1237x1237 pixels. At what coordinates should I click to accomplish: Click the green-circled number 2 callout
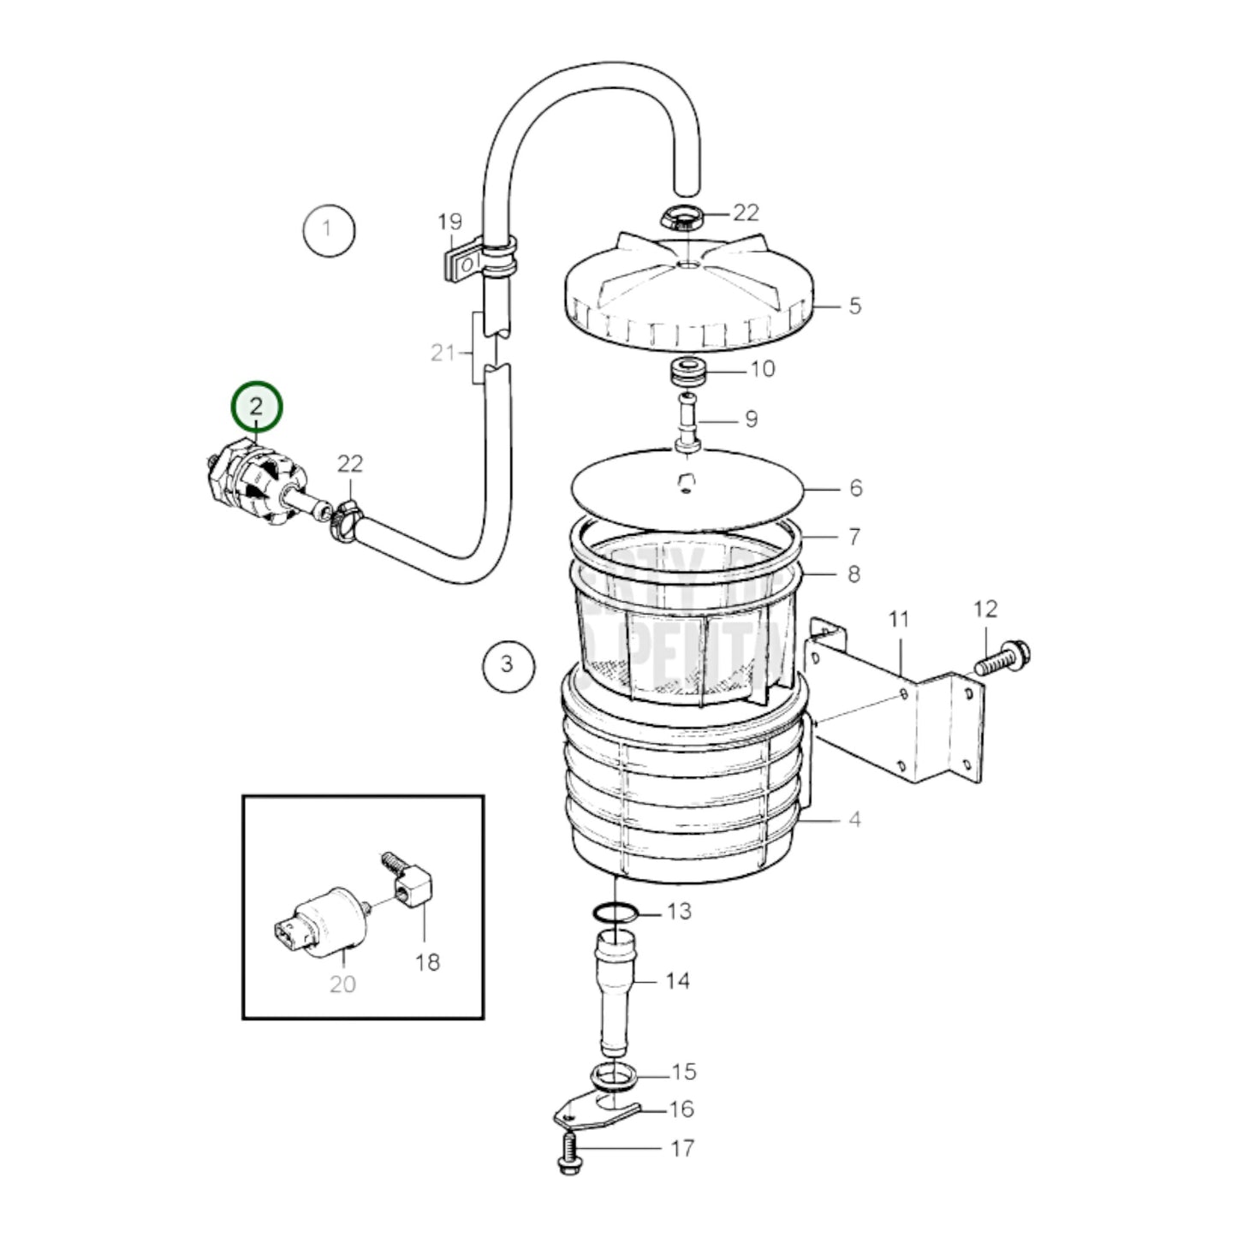[x=255, y=407]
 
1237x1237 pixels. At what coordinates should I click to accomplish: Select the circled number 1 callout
[x=329, y=229]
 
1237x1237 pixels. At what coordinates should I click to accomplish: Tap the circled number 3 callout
[x=508, y=663]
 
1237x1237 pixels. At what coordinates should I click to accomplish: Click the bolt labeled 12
[x=1002, y=658]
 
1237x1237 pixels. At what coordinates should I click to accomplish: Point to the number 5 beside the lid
[x=854, y=306]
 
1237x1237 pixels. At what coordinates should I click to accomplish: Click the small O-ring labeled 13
[x=615, y=913]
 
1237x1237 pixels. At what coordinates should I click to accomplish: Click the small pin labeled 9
[x=687, y=419]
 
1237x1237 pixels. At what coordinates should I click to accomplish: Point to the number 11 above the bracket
[x=897, y=618]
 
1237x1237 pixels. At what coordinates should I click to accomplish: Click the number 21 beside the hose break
[x=443, y=352]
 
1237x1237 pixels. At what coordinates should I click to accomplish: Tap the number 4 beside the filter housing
[x=853, y=819]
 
